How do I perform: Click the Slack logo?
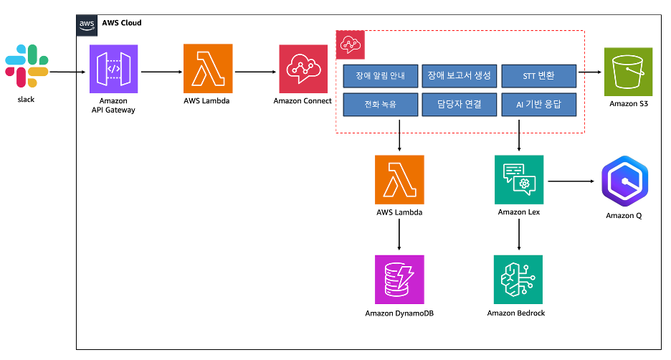(x=26, y=67)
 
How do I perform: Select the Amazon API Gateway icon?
(x=113, y=69)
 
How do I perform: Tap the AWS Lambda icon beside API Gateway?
(x=208, y=69)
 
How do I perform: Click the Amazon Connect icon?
(x=303, y=69)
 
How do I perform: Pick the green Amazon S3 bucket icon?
(x=628, y=72)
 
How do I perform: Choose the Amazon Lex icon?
(x=519, y=180)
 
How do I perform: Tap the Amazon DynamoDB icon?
(x=399, y=280)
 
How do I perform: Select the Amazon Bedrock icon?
(x=518, y=280)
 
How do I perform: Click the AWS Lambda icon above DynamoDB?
(x=399, y=180)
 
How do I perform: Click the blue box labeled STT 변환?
(x=538, y=75)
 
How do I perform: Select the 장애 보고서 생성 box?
(x=459, y=75)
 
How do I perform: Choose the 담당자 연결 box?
(x=459, y=105)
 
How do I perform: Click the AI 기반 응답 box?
(x=538, y=105)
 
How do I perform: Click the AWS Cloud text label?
(x=121, y=23)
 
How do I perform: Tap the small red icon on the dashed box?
(x=351, y=45)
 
